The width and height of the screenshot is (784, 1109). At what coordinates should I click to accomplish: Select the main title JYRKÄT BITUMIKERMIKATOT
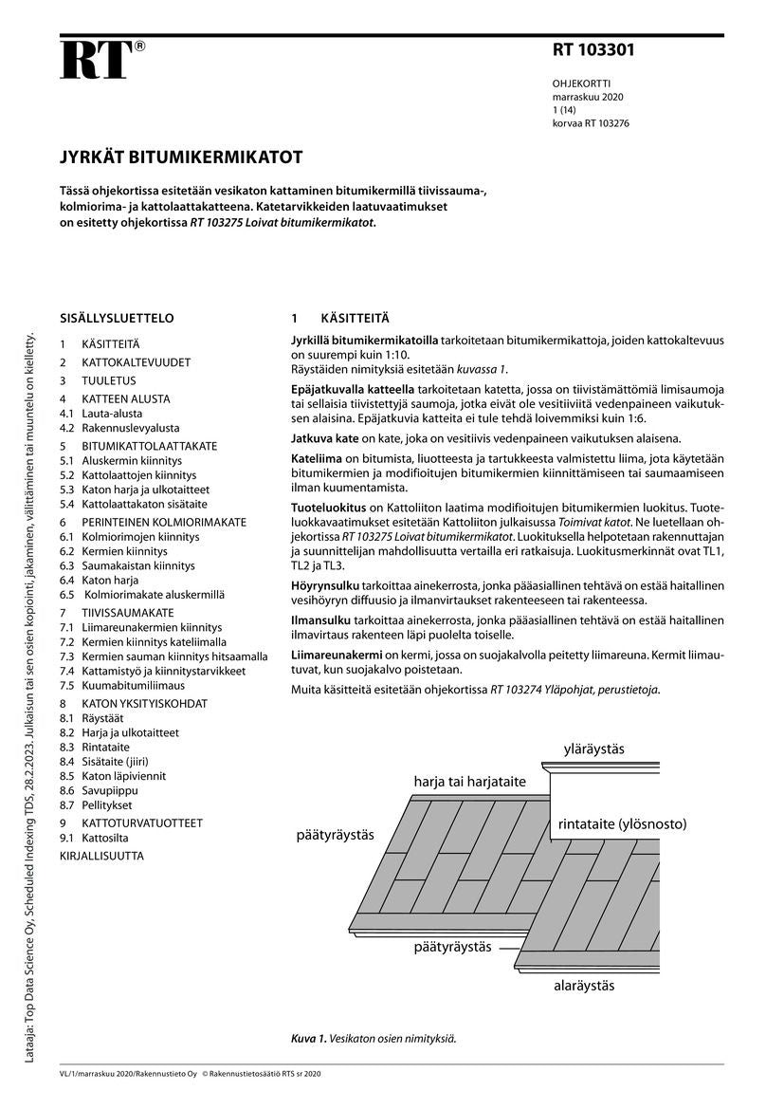coord(181,157)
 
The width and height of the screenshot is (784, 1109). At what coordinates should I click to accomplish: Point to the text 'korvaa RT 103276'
coord(591,123)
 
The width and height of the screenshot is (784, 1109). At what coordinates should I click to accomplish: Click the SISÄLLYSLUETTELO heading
coord(117,319)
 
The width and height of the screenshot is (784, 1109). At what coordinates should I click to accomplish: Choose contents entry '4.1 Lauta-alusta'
coord(101,414)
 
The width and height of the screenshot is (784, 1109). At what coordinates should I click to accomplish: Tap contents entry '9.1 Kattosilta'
coord(95,839)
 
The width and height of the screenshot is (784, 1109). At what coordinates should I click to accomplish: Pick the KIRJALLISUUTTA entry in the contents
coord(102,856)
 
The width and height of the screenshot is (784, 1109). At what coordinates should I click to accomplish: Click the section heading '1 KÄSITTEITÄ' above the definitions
coord(340,319)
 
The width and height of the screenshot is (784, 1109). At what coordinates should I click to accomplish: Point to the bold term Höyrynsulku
coord(322,586)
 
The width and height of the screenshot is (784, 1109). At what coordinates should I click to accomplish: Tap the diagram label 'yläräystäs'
coord(593,749)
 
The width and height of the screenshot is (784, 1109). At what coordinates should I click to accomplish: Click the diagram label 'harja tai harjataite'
coord(469,782)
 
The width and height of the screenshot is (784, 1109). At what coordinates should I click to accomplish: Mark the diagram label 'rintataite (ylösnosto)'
coord(622,823)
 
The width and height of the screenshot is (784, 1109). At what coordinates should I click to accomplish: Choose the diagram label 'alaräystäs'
coord(584,985)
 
